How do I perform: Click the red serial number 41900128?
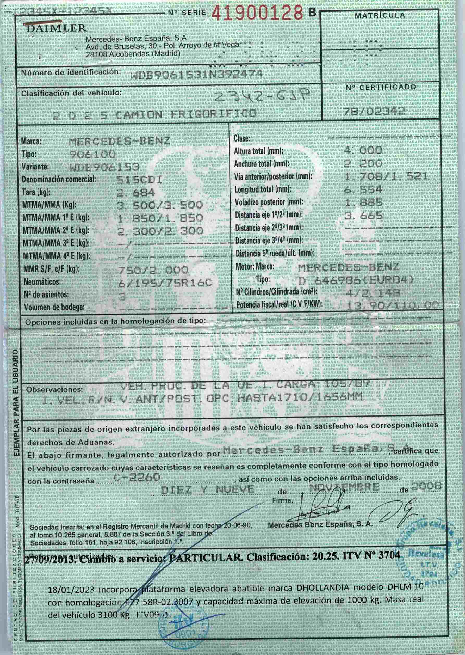click(257, 13)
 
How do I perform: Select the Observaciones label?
click(54, 390)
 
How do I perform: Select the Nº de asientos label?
click(46, 295)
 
